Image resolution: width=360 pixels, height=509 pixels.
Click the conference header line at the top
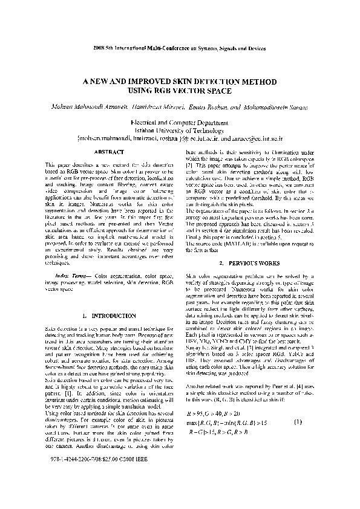pos(180,47)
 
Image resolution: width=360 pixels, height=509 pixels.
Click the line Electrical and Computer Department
pos(180,122)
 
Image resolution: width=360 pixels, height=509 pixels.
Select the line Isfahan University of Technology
pos(180,129)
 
